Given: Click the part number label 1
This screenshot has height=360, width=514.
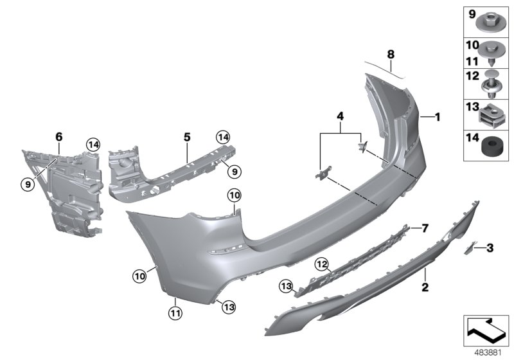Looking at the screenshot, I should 438,117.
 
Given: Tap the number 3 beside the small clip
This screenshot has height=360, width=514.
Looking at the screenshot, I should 490,247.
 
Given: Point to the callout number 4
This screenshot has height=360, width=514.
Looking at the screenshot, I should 341,116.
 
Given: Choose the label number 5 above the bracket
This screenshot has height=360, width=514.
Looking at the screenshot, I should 187,137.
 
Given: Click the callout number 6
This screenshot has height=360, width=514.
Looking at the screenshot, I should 58,137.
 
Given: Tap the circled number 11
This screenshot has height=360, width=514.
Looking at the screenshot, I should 175,313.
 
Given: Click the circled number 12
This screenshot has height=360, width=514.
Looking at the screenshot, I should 321,264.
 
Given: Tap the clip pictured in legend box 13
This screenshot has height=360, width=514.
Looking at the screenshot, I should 492,115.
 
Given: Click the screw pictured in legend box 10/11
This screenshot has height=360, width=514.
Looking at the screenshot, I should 492,53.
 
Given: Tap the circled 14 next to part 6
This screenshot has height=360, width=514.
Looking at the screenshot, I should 93,145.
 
